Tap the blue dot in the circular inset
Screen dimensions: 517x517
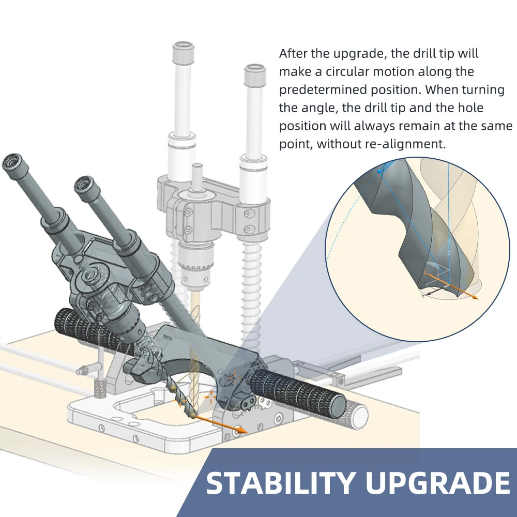point(379,171)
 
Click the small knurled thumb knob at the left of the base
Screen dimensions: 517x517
point(100,387)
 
